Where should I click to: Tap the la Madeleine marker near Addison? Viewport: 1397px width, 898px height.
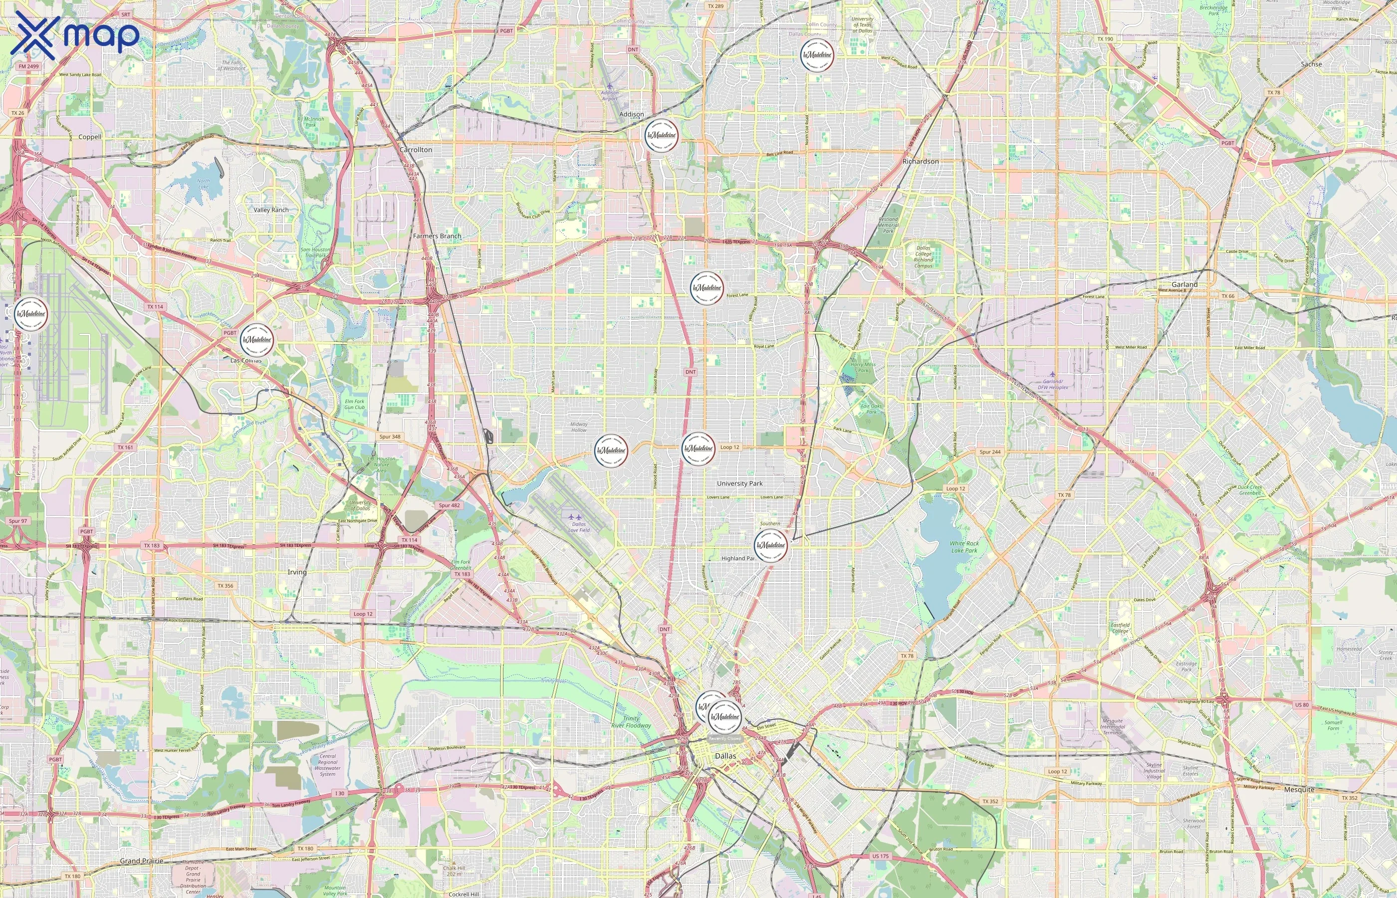tap(662, 135)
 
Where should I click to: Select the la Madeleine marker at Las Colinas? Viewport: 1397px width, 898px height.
tap(256, 340)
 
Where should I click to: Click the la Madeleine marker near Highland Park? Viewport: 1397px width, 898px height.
tap(770, 546)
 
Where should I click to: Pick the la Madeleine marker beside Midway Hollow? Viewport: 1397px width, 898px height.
tap(611, 450)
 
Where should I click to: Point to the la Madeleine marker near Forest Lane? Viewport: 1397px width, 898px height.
tap(706, 288)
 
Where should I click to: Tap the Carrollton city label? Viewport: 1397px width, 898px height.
tap(416, 150)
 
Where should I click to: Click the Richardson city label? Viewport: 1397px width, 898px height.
tap(920, 162)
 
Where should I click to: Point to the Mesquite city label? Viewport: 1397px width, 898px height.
tap(1299, 790)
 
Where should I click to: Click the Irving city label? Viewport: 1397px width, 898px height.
tap(297, 572)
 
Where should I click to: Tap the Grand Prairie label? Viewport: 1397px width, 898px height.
tap(142, 861)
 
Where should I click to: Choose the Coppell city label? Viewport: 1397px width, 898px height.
tap(90, 137)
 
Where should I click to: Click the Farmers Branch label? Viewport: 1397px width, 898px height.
tap(437, 236)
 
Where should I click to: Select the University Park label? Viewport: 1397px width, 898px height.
tap(739, 483)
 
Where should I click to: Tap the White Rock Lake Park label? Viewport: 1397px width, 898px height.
tap(964, 546)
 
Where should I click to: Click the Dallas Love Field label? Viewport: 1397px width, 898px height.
tap(579, 527)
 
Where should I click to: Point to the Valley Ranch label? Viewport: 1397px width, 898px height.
tap(270, 210)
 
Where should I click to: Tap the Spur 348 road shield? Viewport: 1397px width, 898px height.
tap(390, 436)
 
